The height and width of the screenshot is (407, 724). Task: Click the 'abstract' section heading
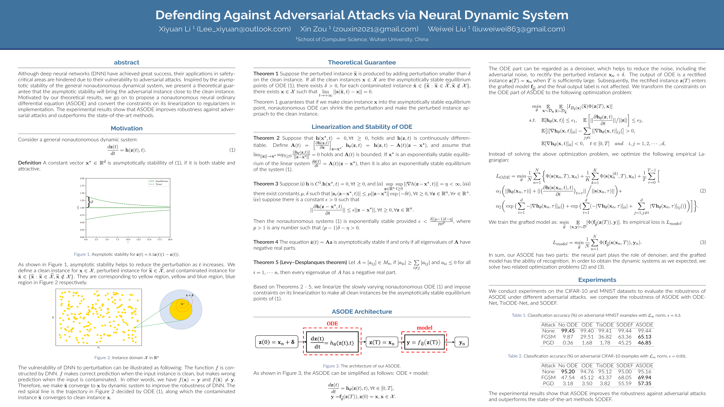[126, 62]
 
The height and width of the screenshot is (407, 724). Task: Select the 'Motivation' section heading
[126, 128]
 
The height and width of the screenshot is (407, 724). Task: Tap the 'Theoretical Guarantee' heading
[362, 62]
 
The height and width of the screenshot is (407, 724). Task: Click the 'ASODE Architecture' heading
[362, 311]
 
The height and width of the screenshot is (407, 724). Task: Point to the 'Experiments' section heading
[597, 280]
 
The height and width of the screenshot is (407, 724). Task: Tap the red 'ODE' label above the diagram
[332, 324]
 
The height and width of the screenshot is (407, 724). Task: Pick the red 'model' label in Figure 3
[424, 328]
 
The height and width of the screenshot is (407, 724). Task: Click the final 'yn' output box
[462, 342]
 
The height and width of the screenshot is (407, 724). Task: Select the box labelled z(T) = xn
[382, 342]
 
